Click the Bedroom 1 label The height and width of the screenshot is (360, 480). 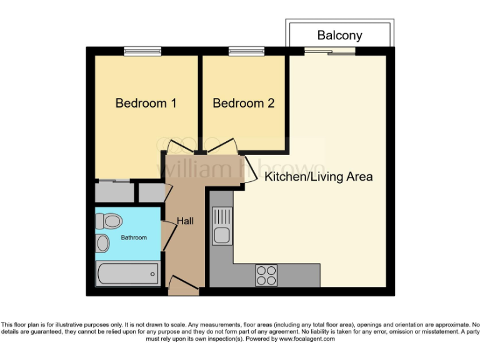(x=146, y=103)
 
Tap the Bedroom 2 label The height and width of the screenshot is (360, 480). (x=243, y=103)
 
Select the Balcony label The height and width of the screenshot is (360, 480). (x=339, y=35)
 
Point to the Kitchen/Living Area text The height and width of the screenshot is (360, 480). (x=318, y=177)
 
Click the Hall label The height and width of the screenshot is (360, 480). (x=185, y=221)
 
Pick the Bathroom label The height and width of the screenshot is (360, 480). (x=134, y=237)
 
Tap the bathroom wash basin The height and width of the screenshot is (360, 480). (x=102, y=243)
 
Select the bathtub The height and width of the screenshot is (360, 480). (x=128, y=273)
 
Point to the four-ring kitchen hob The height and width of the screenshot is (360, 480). (x=266, y=275)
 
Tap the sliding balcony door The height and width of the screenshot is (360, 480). (x=329, y=52)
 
